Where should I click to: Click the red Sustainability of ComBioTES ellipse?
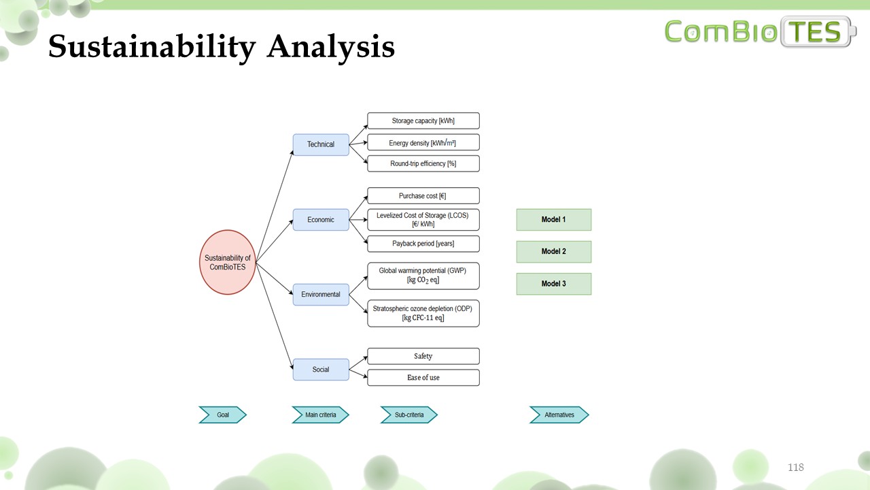(228, 262)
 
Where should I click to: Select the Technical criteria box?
(321, 144)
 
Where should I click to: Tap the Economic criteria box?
(321, 220)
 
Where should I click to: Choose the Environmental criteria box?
(321, 295)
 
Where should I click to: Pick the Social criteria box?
(321, 370)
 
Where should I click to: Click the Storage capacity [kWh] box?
(423, 121)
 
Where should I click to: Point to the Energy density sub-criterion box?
(423, 142)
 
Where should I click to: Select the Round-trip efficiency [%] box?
(423, 163)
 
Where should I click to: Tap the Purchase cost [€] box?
(423, 196)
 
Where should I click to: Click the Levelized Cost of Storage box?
(423, 219)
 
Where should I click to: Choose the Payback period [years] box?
(423, 244)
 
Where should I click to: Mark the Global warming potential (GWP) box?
(423, 276)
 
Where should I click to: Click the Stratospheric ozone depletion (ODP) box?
(423, 313)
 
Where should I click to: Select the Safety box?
(423, 356)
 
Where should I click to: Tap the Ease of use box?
(423, 378)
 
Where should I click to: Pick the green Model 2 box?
(554, 252)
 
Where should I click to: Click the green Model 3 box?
(554, 284)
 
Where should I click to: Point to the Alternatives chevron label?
(559, 414)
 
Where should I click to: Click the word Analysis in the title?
(330, 48)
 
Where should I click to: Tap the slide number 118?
(795, 468)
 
